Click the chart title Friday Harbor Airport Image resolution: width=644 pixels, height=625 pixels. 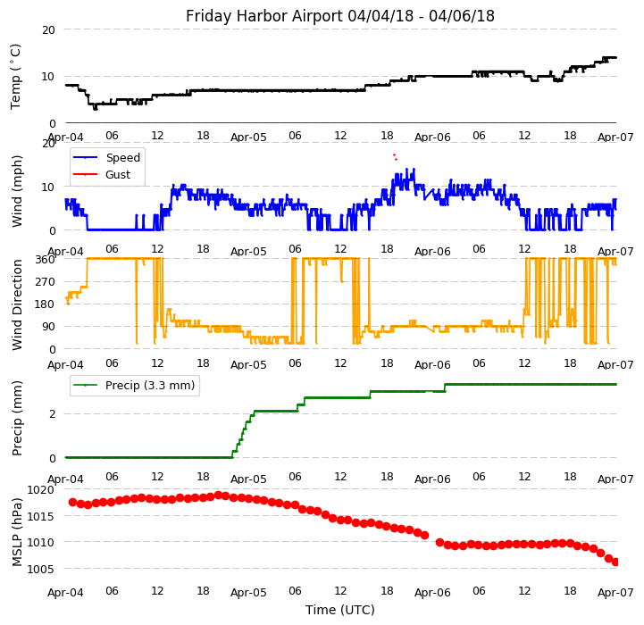click(x=339, y=16)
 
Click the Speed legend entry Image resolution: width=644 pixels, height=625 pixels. click(x=122, y=158)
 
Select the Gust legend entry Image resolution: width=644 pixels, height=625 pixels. click(x=118, y=174)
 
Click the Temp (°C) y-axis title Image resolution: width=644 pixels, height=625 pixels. click(x=16, y=76)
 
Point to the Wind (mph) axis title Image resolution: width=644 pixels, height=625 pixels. click(x=18, y=190)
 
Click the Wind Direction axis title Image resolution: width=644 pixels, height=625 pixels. click(x=18, y=304)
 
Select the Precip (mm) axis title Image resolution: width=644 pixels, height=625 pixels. click(x=18, y=418)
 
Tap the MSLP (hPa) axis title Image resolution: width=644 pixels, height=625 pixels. click(x=18, y=531)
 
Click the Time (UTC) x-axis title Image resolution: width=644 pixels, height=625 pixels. click(x=339, y=610)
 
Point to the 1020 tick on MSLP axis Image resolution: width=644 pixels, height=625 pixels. click(x=41, y=489)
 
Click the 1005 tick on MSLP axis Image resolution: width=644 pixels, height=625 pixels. click(x=41, y=569)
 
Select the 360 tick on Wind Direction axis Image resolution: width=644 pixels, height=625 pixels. click(x=46, y=259)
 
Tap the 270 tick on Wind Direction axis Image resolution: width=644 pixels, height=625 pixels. click(x=46, y=281)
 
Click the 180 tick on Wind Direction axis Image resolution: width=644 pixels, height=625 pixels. click(x=46, y=304)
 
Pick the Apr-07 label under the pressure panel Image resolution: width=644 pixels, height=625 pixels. click(x=615, y=592)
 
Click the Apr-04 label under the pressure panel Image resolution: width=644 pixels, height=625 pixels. click(x=65, y=592)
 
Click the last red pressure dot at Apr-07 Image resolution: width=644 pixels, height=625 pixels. click(x=615, y=562)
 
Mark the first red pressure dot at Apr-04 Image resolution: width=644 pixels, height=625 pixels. click(x=72, y=502)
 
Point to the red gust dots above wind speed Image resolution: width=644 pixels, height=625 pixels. click(x=395, y=156)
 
